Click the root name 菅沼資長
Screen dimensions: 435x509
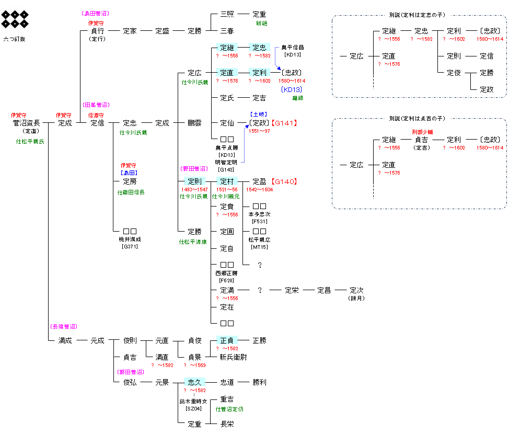[26, 123]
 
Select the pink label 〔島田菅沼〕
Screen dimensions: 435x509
[97, 13]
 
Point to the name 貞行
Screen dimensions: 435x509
[97, 31]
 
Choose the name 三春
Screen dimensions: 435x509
[227, 31]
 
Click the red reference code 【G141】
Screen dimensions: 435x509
[284, 123]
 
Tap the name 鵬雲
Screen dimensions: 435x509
[194, 123]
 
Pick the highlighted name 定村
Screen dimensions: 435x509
[227, 181]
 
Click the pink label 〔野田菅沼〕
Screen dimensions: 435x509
[194, 168]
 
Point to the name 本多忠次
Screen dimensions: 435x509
[259, 214]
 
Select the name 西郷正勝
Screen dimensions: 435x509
[227, 272]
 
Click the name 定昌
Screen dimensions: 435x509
[324, 290]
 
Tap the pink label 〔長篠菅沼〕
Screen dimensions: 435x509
[64, 326]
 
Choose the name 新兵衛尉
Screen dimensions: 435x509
[233, 357]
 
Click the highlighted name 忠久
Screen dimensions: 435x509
[194, 382]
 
